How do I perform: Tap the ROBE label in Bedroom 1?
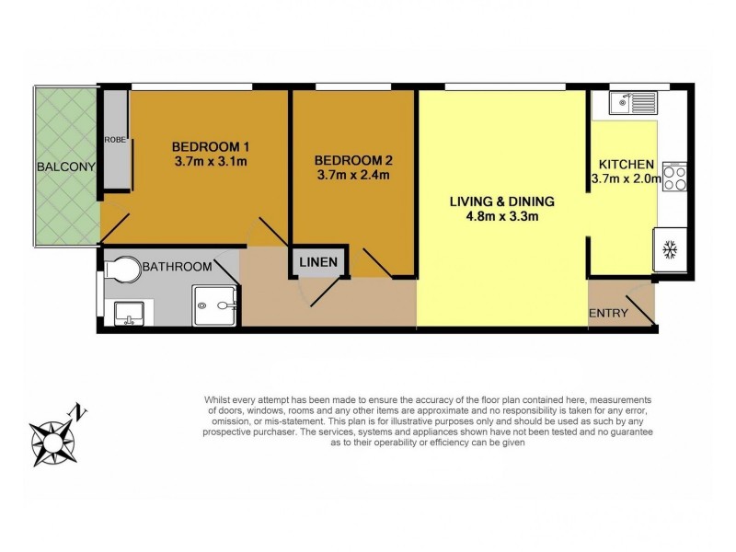point(114,140)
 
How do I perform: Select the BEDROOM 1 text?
point(211,146)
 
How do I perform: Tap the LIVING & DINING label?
point(502,201)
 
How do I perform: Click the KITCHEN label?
point(622,163)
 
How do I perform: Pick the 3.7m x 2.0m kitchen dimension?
point(625,178)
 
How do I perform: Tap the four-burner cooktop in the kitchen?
point(674,176)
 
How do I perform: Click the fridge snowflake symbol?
point(669,247)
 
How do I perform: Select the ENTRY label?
point(609,313)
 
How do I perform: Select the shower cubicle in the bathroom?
point(215,305)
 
